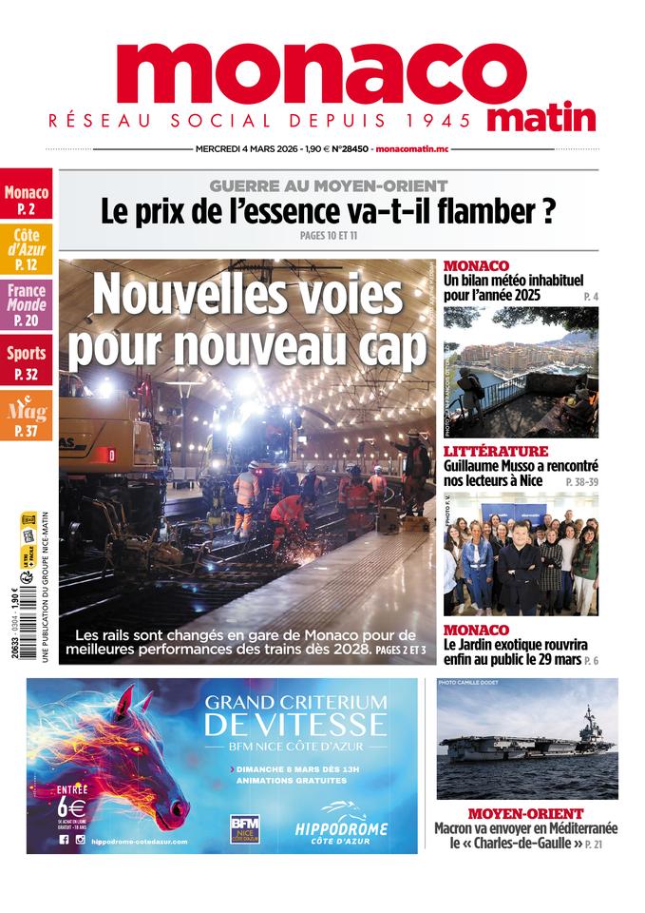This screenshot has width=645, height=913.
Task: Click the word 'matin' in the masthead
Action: pos(542,118)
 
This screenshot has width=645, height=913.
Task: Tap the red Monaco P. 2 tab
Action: pos(27,200)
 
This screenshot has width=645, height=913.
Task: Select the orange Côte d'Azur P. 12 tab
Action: pos(27,249)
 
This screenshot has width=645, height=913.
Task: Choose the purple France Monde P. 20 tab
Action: pos(27,304)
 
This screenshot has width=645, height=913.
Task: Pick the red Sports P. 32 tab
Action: pos(27,362)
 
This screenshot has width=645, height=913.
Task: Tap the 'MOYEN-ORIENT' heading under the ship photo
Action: pos(525,814)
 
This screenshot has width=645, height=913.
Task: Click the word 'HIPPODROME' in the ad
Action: pos(341,830)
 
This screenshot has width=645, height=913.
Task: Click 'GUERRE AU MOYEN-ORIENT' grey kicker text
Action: pos(329,185)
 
